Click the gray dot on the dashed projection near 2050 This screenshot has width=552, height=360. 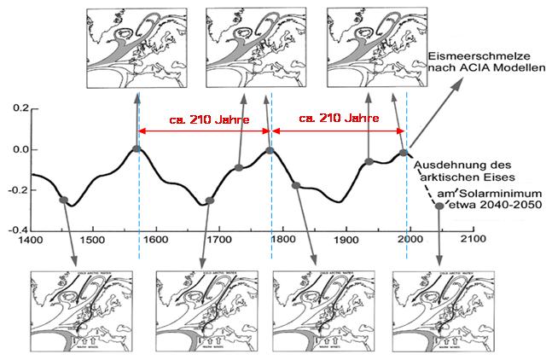coord(439,206)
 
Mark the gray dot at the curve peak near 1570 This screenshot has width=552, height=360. coord(137,149)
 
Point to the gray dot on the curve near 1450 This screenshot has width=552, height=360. coord(63,200)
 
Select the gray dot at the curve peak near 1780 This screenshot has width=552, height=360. coord(270,150)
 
